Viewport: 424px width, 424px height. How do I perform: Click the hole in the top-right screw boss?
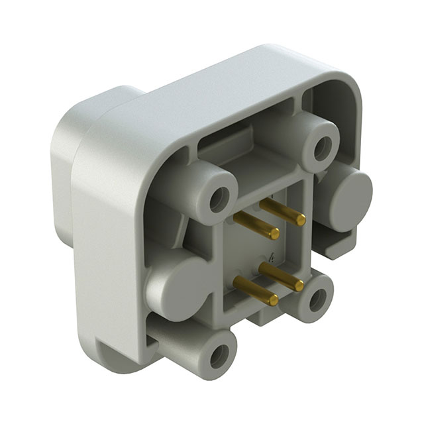323,146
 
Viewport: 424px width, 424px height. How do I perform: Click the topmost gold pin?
281,212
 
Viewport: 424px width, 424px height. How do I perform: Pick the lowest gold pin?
255,291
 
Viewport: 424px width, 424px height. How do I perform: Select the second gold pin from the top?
256,226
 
